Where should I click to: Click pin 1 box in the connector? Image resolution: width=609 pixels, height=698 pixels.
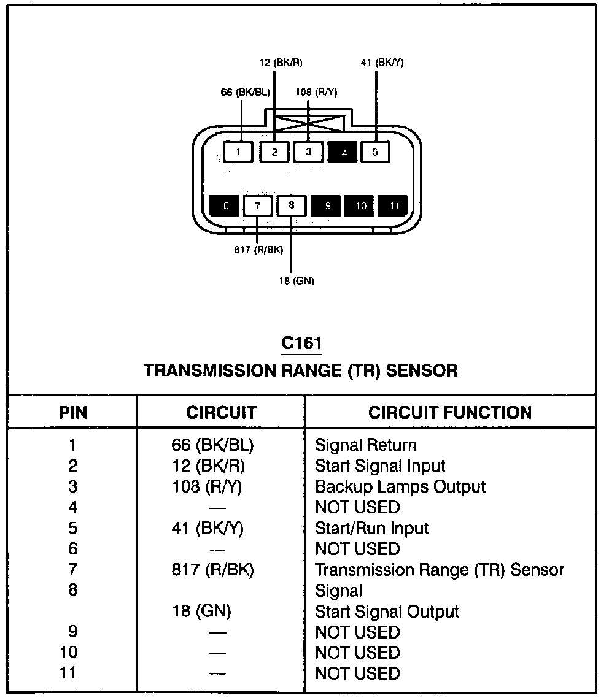(x=238, y=151)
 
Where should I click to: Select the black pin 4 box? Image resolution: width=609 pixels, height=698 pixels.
(x=343, y=152)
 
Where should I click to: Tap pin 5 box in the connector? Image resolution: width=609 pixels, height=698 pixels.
(x=375, y=151)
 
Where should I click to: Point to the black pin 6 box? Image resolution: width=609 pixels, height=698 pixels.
(x=225, y=205)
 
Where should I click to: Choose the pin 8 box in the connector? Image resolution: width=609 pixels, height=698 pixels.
(x=292, y=205)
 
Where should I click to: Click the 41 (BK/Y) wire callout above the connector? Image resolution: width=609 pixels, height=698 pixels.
(x=382, y=63)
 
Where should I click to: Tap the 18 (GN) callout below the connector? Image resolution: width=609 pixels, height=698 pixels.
(x=296, y=282)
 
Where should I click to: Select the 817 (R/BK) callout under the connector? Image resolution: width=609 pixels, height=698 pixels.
(x=258, y=250)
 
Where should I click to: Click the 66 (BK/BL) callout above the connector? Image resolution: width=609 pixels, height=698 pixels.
(x=244, y=93)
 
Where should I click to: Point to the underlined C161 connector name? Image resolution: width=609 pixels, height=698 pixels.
(x=302, y=343)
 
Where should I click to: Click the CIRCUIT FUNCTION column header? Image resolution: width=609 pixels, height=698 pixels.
(x=450, y=412)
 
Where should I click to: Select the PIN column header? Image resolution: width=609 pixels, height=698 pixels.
(x=73, y=412)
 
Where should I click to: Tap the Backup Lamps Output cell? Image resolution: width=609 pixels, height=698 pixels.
(x=400, y=487)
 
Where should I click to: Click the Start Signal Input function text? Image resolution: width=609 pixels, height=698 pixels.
(x=380, y=466)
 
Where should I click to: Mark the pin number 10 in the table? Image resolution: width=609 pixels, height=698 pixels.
(x=68, y=653)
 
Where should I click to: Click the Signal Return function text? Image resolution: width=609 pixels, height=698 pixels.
(x=366, y=445)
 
